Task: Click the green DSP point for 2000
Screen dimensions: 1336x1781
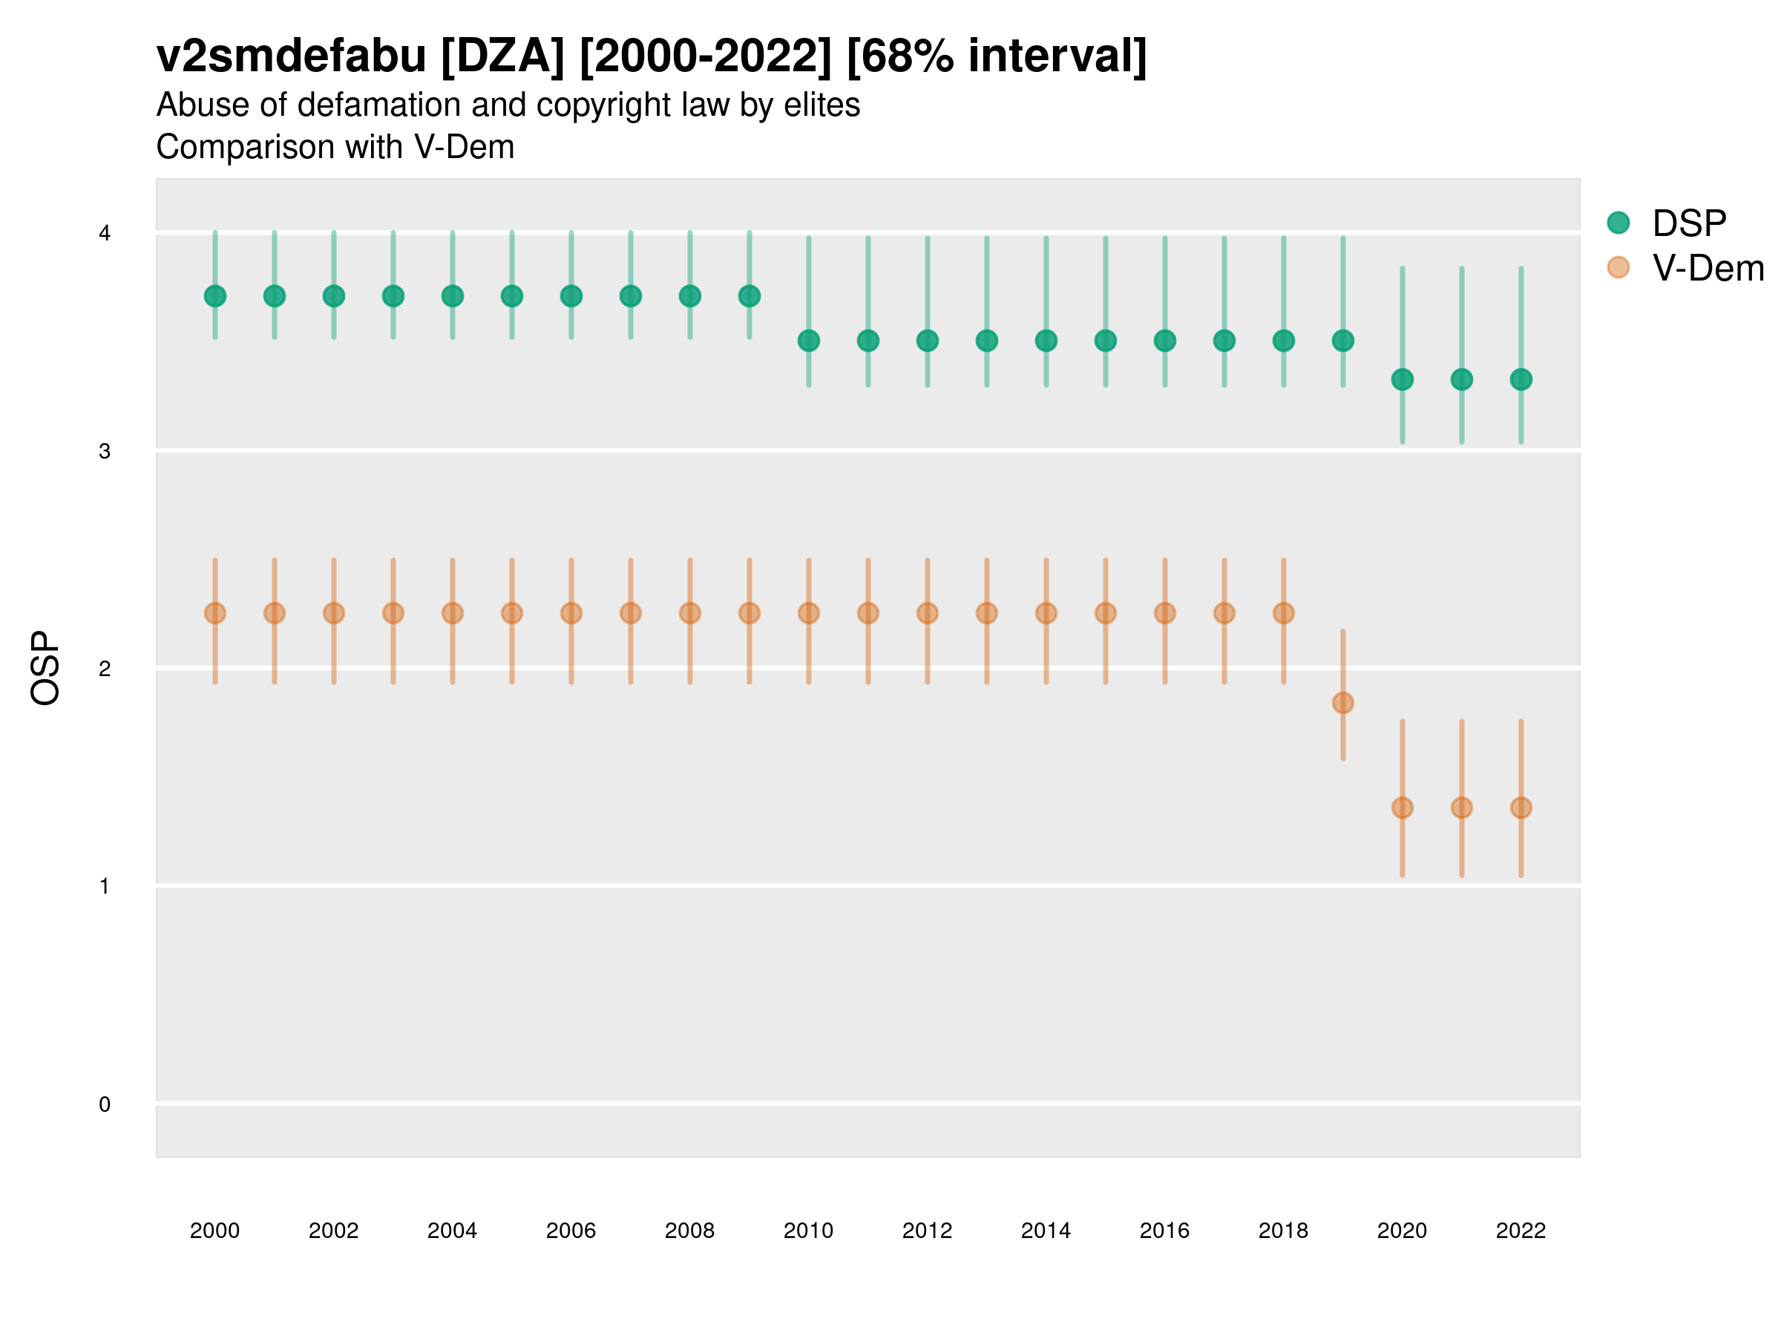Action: (x=215, y=296)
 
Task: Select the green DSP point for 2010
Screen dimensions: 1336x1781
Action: (x=808, y=341)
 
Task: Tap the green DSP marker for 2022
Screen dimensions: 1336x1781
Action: (x=1521, y=379)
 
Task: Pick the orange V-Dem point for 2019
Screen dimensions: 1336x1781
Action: (x=1343, y=703)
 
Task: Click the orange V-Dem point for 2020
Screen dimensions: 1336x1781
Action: (x=1403, y=808)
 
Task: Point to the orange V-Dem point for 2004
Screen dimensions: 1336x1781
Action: (x=453, y=614)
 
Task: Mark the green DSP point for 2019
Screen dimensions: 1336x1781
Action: (x=1343, y=341)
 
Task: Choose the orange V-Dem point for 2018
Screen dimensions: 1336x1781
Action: (x=1283, y=614)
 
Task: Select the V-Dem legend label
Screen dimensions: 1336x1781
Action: (x=1708, y=268)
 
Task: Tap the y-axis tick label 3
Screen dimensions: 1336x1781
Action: (x=105, y=452)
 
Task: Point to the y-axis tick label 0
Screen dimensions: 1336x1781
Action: (x=105, y=1105)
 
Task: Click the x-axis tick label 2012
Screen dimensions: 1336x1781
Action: (x=927, y=1231)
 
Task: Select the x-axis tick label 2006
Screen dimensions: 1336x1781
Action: (x=571, y=1231)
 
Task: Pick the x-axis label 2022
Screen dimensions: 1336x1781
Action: (x=1521, y=1231)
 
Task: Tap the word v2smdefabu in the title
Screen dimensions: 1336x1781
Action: (x=291, y=56)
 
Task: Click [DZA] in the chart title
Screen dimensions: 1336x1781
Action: (x=503, y=56)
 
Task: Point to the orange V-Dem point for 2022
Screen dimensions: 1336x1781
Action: (x=1521, y=808)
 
